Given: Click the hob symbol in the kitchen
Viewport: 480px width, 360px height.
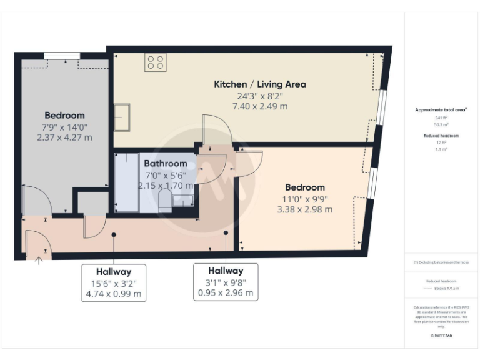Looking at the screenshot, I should [155, 62].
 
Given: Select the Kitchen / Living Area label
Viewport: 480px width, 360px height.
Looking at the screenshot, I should [260, 84].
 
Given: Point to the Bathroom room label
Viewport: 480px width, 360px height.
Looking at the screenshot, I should [166, 164].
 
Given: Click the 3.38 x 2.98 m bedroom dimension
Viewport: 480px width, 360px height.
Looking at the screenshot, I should [304, 209].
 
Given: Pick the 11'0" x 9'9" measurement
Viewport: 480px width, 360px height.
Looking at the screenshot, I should [304, 199].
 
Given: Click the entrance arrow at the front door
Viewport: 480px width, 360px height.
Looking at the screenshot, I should [39, 261].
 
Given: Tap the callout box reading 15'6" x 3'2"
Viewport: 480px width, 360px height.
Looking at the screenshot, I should [114, 282].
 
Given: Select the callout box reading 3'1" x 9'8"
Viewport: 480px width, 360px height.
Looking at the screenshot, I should [226, 282].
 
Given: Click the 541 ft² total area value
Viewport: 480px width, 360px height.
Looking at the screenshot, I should [442, 117].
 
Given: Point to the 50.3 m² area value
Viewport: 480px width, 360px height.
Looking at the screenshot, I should [442, 124].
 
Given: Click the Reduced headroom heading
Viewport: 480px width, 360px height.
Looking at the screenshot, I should [442, 136].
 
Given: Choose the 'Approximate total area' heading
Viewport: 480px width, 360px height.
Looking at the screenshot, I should [441, 110].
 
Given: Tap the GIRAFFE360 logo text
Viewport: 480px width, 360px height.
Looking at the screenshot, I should [442, 336].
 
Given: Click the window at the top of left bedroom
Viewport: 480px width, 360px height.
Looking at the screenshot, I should [62, 56].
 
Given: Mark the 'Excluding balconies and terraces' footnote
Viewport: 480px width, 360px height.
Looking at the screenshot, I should [442, 262].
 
